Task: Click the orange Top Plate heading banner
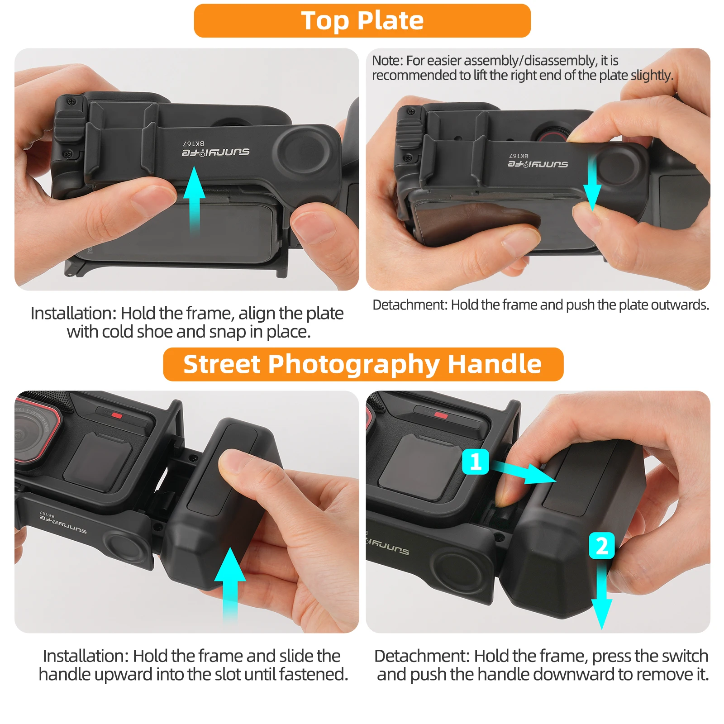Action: [x=362, y=21]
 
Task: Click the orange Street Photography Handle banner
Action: [x=363, y=364]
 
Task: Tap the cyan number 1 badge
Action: [x=476, y=462]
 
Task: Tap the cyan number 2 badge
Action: [x=601, y=546]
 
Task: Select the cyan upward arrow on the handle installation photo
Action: [x=230, y=584]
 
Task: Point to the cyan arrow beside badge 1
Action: [x=524, y=472]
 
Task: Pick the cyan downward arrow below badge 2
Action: [x=601, y=595]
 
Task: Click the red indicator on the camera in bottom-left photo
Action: [x=117, y=415]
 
